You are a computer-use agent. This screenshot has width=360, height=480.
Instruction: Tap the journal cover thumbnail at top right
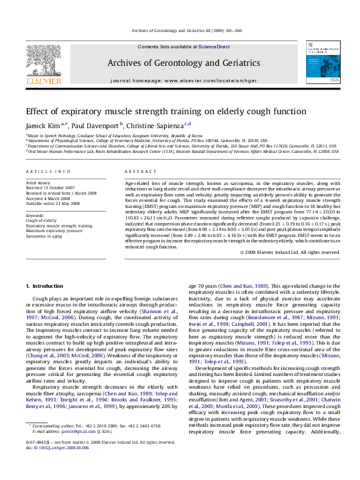point(321,62)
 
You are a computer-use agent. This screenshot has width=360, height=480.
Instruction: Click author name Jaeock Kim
point(42,125)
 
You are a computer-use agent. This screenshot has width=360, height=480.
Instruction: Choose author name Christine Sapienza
point(154,125)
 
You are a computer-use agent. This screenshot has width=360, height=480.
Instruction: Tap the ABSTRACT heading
point(136,172)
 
